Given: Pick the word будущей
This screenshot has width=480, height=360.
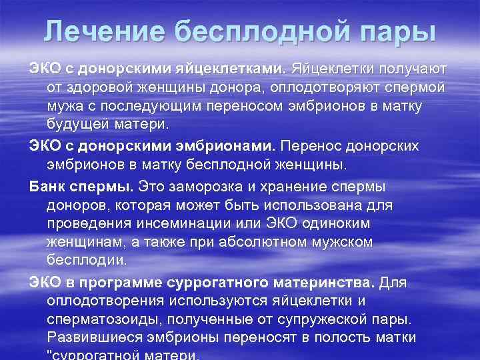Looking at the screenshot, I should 75,125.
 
